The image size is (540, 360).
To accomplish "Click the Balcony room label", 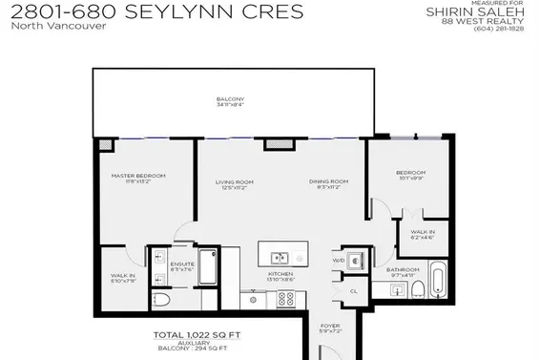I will (229, 102).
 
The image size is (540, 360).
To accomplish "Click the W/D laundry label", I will (338, 261).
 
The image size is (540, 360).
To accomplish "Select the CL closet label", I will (352, 290).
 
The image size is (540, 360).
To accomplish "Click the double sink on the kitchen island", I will (280, 257).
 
